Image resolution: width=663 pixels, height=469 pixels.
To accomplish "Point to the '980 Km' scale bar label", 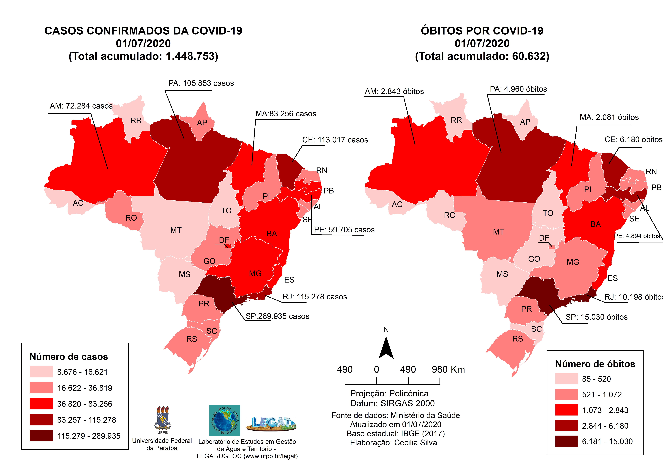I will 448,370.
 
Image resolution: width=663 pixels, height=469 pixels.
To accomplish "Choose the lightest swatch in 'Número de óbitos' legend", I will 566,379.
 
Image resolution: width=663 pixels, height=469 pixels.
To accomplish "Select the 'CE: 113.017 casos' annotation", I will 335,140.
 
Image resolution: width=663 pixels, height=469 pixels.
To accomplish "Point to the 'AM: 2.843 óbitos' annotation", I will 394,92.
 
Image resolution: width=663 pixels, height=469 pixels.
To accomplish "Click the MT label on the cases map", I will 176,230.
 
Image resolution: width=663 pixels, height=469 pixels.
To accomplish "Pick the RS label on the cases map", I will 191,339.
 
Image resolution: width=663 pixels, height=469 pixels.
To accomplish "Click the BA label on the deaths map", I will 595,224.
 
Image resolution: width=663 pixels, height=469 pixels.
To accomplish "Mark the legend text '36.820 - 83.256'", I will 85,404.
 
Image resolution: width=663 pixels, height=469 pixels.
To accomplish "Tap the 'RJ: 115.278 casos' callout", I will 314,297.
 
